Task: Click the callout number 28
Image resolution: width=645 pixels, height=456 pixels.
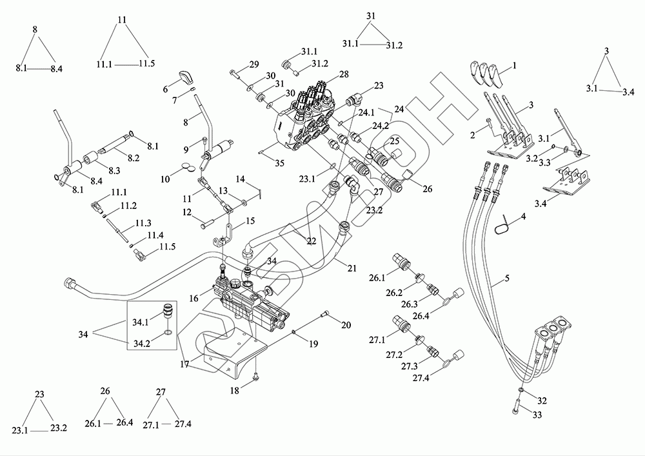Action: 344,74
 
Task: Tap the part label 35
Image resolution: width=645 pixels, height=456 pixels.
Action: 279,163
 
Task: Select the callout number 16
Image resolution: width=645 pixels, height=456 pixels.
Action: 194,298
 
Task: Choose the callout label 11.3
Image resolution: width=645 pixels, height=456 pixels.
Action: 143,223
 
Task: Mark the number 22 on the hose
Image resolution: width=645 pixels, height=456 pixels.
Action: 312,241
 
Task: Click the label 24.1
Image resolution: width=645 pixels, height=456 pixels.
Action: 366,112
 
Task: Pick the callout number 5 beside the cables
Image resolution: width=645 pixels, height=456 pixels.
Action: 507,279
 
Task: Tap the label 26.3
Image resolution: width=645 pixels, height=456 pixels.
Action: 410,304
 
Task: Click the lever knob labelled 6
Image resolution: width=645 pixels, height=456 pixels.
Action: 184,76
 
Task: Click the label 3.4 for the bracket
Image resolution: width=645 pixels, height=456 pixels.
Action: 541,203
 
